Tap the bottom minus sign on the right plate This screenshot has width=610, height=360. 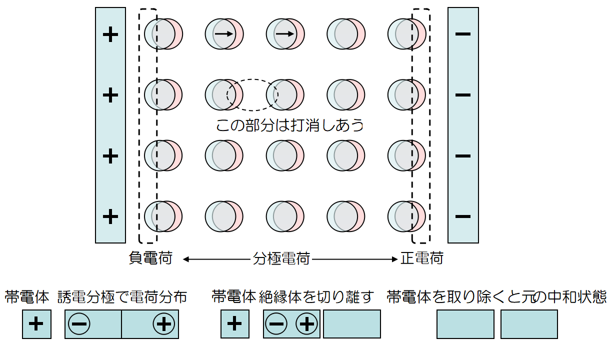(x=463, y=216)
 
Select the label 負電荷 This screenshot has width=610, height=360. (x=150, y=258)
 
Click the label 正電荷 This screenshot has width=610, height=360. (x=422, y=258)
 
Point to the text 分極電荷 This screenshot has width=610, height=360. (x=281, y=258)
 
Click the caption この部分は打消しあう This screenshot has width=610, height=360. (x=289, y=125)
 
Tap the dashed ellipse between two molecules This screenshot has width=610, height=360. (x=252, y=95)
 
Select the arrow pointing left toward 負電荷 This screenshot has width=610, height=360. (x=216, y=259)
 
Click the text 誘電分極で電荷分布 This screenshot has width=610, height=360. (x=122, y=297)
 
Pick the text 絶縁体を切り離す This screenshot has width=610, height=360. (x=316, y=297)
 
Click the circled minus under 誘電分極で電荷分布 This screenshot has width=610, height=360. (x=79, y=324)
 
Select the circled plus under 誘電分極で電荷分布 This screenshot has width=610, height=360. (x=163, y=324)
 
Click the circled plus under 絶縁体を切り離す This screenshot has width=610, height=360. (x=306, y=324)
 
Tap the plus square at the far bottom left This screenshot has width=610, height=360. (x=36, y=324)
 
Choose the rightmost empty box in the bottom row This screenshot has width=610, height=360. (x=529, y=324)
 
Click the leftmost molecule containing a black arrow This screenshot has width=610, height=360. (x=224, y=34)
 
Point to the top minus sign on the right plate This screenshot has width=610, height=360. (x=463, y=34)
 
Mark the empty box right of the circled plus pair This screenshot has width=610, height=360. (x=351, y=324)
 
